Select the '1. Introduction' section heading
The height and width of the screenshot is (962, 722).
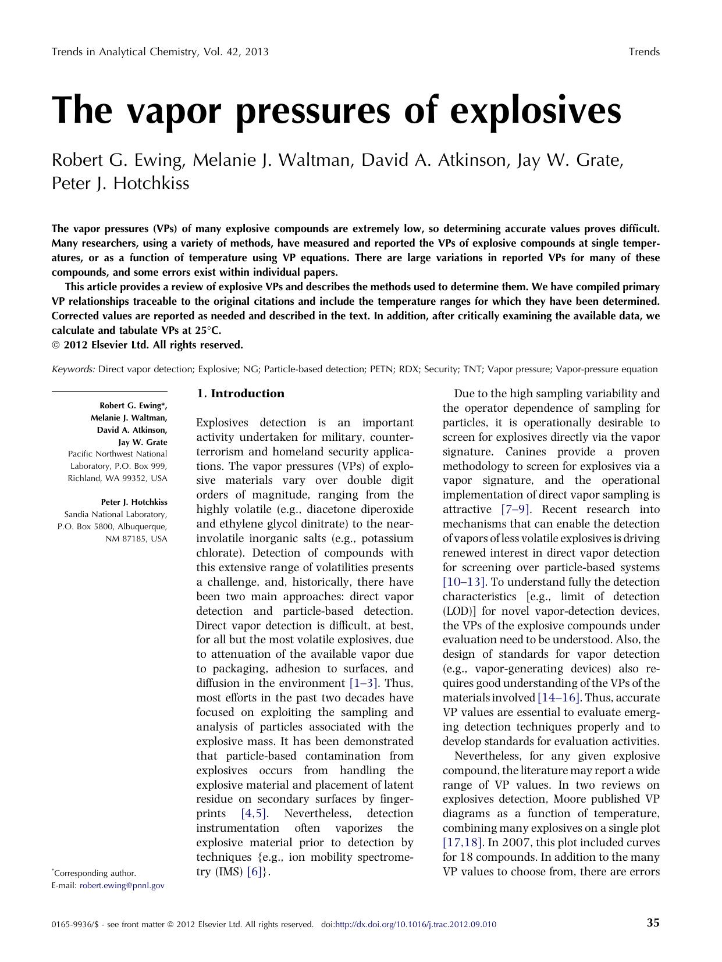pyautogui.click(x=240, y=394)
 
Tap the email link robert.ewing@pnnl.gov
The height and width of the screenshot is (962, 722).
pyautogui.click(x=122, y=885)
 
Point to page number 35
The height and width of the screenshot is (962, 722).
pyautogui.click(x=653, y=923)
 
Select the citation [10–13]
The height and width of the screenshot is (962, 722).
pyautogui.click(x=464, y=582)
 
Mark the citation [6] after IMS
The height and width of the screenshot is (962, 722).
pyautogui.click(x=255, y=872)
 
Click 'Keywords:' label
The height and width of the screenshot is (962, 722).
pyautogui.click(x=73, y=369)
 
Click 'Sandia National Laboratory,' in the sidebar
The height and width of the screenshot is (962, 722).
pyautogui.click(x=116, y=514)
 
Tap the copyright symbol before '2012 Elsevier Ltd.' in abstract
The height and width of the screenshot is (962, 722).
pyautogui.click(x=56, y=345)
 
